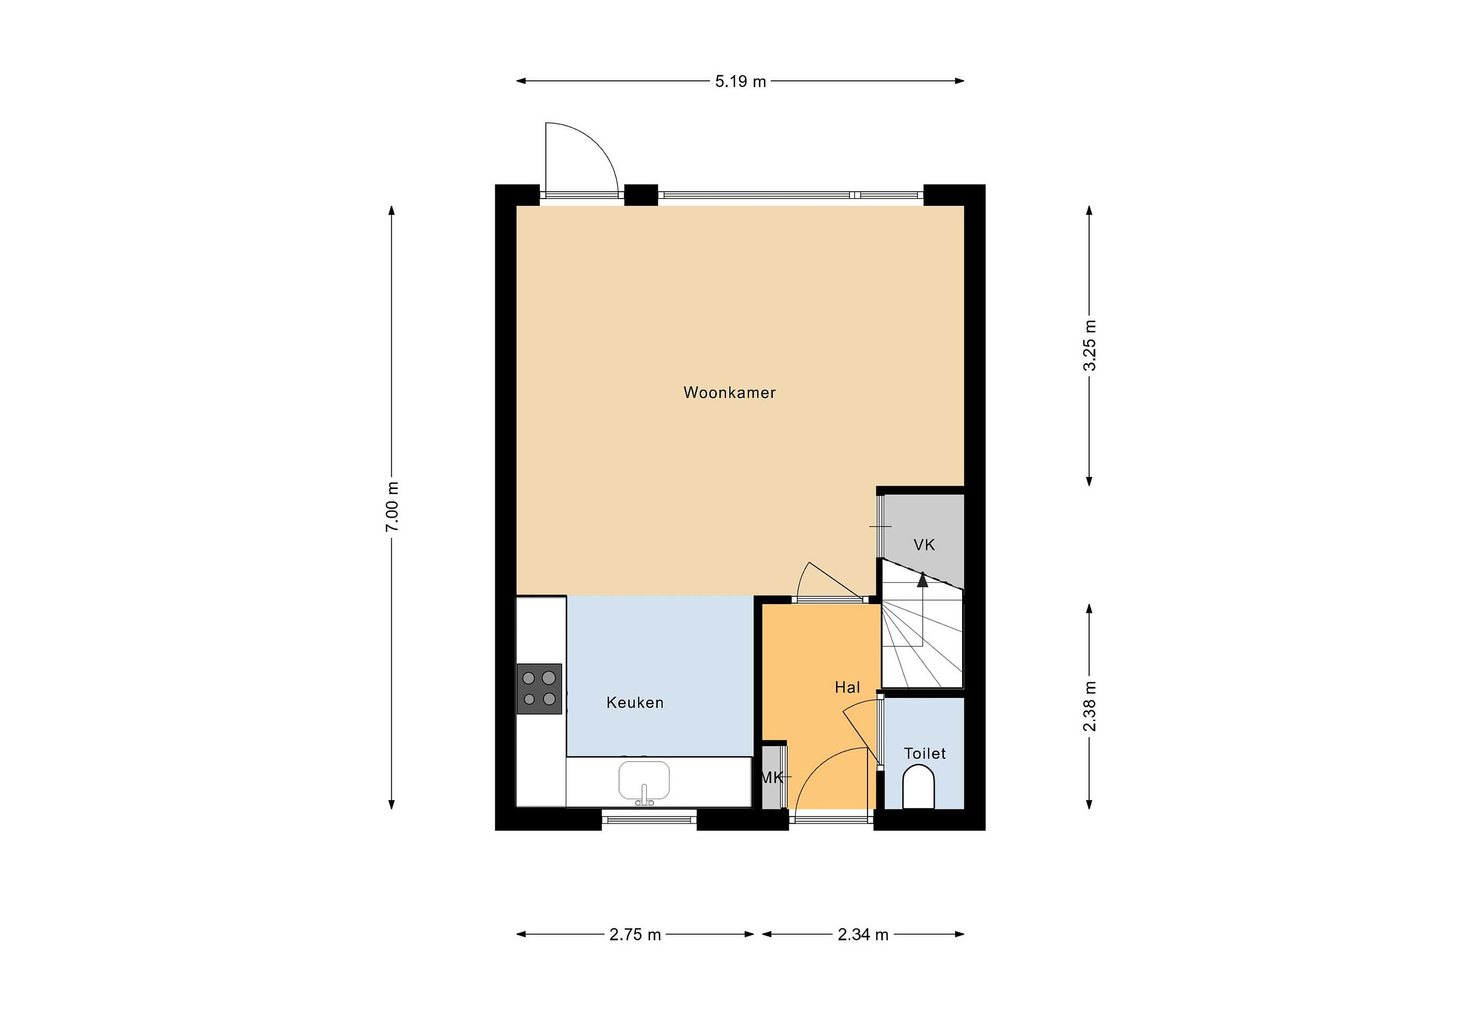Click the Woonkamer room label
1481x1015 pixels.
click(x=729, y=392)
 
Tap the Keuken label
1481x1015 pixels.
click(x=635, y=703)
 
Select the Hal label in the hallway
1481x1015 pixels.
click(x=847, y=687)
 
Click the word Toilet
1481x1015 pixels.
click(x=925, y=754)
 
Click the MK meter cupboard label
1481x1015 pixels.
click(x=772, y=777)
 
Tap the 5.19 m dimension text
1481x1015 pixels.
click(x=740, y=82)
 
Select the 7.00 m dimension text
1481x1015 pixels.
click(x=392, y=506)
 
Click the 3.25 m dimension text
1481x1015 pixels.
click(x=1090, y=346)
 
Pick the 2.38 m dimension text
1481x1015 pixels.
click(x=1090, y=706)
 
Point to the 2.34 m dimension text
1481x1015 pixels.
click(x=863, y=935)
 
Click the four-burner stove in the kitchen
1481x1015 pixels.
click(x=539, y=689)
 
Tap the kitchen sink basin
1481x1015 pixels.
click(x=644, y=781)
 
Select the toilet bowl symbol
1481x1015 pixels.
click(x=918, y=788)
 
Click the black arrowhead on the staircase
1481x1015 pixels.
click(x=922, y=578)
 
